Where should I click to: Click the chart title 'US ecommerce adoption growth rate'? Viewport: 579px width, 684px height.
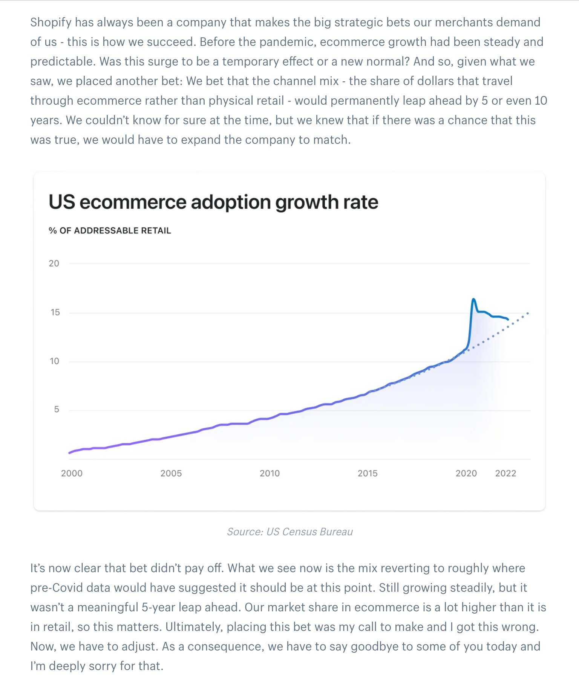click(x=213, y=202)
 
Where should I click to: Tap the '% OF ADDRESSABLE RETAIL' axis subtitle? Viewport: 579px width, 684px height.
click(x=110, y=231)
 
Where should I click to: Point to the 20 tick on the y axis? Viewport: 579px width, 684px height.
click(x=54, y=264)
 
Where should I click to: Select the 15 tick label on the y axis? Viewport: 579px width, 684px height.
click(x=55, y=312)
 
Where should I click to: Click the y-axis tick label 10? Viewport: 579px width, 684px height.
click(x=54, y=361)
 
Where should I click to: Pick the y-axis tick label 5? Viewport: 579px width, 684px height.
click(x=57, y=410)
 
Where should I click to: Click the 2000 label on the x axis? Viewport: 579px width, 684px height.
click(x=72, y=474)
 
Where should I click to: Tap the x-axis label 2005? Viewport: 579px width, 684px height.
click(x=171, y=474)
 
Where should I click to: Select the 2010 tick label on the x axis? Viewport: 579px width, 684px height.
click(x=270, y=474)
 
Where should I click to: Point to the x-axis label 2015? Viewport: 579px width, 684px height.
click(x=368, y=474)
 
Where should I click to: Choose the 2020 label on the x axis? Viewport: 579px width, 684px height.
click(x=466, y=474)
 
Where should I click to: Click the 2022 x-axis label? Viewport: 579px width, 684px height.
click(x=505, y=474)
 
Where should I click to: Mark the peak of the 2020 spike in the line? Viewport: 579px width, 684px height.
click(x=473, y=299)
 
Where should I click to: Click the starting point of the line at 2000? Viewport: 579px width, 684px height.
click(x=69, y=453)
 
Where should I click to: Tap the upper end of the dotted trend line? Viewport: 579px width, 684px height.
click(x=528, y=313)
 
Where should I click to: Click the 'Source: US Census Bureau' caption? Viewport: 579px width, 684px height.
click(x=289, y=532)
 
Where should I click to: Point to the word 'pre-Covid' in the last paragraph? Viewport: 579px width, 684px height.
click(x=55, y=588)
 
